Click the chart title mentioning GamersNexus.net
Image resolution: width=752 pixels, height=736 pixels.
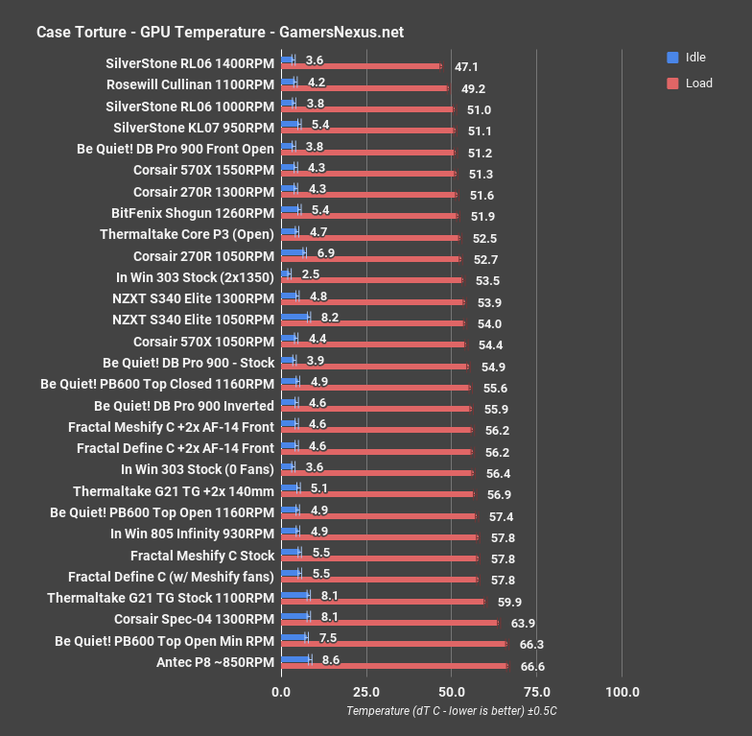point(220,32)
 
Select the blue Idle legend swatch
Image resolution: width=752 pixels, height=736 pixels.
point(672,58)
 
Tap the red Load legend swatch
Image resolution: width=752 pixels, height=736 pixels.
point(672,83)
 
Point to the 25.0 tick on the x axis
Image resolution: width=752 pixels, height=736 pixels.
point(365,691)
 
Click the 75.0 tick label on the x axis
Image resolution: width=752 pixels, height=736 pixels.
point(536,691)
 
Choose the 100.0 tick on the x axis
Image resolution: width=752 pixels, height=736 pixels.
point(622,691)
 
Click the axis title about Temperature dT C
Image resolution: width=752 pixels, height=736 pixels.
point(452,711)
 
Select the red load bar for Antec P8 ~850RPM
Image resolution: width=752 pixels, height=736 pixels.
point(394,666)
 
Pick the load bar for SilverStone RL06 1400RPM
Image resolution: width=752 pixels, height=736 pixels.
point(361,67)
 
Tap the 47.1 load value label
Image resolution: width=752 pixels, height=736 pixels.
point(466,67)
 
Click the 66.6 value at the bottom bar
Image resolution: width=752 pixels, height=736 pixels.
point(532,666)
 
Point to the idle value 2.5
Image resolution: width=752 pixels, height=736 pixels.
point(310,276)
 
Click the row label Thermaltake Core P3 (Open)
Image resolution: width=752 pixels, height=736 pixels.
point(186,234)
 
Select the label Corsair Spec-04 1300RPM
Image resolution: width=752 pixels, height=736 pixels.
point(194,619)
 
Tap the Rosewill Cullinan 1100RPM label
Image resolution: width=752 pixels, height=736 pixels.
point(190,84)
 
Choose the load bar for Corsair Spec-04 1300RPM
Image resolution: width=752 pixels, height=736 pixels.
point(389,623)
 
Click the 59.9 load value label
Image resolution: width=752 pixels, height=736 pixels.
point(509,602)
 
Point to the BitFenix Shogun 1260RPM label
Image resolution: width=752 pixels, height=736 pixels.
point(193,213)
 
